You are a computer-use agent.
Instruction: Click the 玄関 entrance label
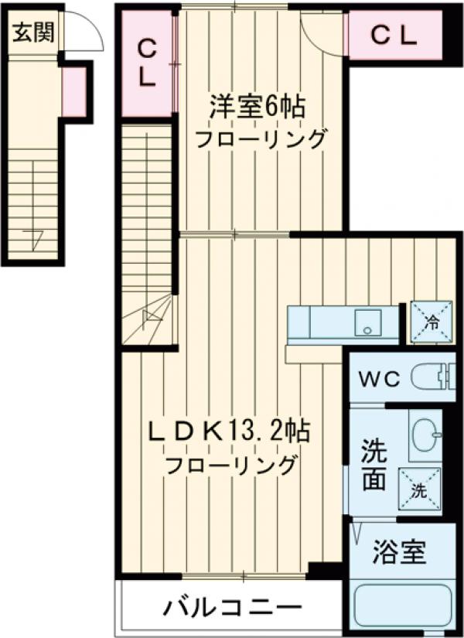coord(32,34)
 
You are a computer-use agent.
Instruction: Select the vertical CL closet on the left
coord(147,63)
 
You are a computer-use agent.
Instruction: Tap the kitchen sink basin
coord(367,322)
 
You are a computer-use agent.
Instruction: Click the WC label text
coord(378,379)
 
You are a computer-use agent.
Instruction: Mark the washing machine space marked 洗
coord(418,488)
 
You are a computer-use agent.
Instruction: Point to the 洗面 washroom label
coord(374,465)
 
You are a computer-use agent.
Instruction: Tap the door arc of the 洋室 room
coord(321,39)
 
